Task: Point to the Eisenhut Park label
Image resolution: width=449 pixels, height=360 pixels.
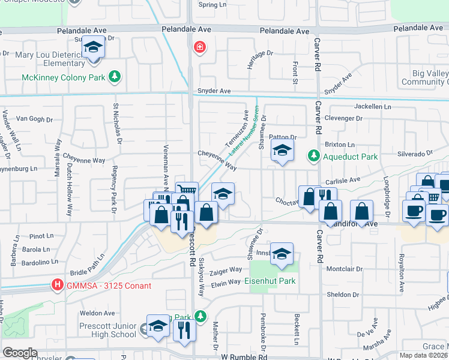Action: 270,281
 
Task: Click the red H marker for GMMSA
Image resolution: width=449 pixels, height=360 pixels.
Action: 58,285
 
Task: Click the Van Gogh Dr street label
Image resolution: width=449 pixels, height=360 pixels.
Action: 31,119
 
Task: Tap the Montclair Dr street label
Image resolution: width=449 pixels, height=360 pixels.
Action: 343,269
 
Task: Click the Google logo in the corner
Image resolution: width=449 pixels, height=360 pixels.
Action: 20,353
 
